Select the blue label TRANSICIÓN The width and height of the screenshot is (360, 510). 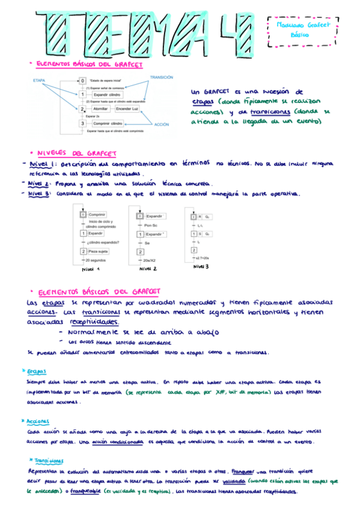tap(162, 78)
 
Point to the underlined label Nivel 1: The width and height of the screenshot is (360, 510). tap(43, 164)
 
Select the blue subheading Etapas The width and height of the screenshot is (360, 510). tap(36, 372)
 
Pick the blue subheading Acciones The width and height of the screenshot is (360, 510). tap(37, 422)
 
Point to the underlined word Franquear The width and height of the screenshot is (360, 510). tap(243, 472)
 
